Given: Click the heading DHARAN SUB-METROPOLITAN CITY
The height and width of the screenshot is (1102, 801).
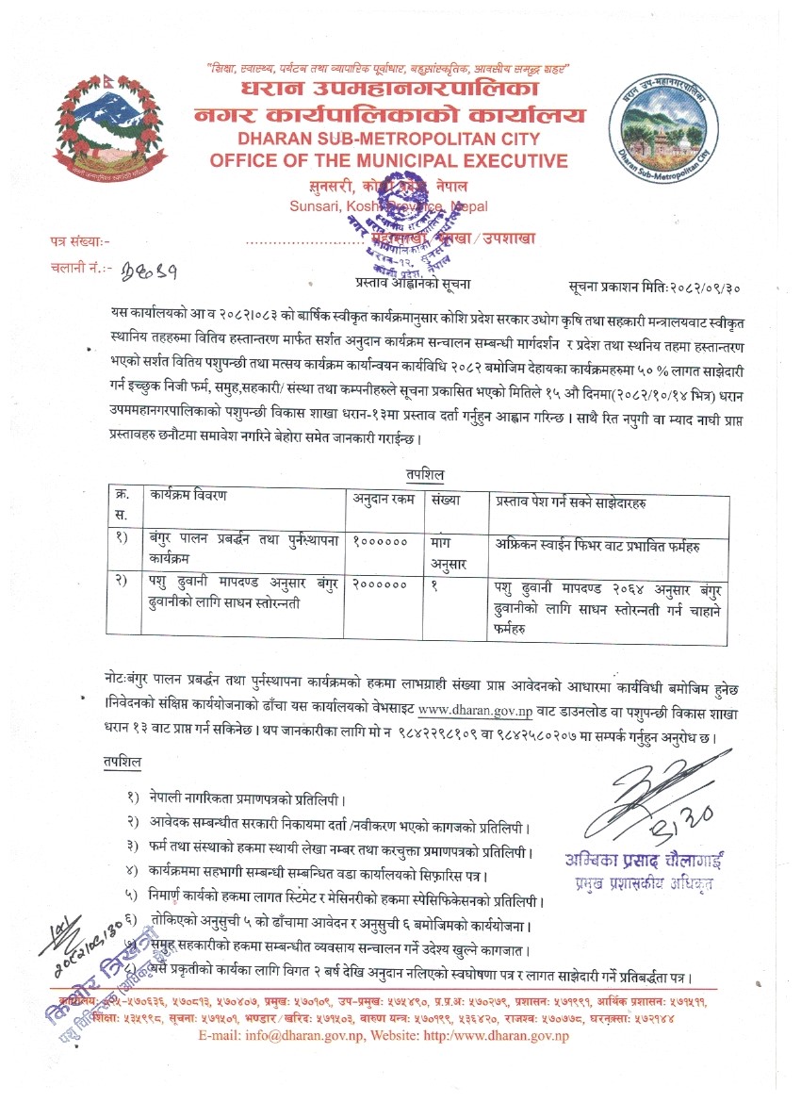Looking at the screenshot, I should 388,140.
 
